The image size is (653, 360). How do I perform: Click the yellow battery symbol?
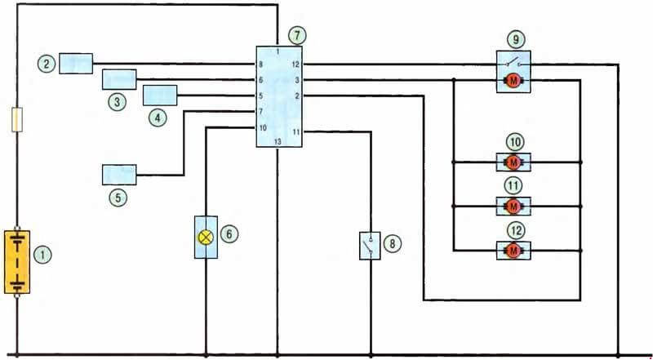17,262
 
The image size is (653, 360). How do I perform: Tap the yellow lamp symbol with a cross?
206,238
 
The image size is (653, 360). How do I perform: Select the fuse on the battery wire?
17,119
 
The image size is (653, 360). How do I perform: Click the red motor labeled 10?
513,162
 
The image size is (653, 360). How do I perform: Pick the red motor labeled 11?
513,207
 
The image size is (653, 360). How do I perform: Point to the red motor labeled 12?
513,251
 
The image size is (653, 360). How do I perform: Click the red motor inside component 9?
513,81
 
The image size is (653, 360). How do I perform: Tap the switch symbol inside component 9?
513,64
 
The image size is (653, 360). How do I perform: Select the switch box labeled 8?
370,246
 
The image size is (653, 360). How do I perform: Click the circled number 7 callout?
297,36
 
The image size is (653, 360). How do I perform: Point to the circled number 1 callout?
43,254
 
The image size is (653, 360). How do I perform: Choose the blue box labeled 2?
76,64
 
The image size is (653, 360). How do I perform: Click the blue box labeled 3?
119,79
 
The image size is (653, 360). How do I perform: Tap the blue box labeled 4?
160,95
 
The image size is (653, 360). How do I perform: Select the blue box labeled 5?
119,175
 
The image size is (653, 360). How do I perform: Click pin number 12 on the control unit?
295,64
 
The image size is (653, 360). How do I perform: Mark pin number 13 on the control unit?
278,142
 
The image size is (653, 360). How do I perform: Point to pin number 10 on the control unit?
263,128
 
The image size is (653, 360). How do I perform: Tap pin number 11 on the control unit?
295,132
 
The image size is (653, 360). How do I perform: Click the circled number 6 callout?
229,234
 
